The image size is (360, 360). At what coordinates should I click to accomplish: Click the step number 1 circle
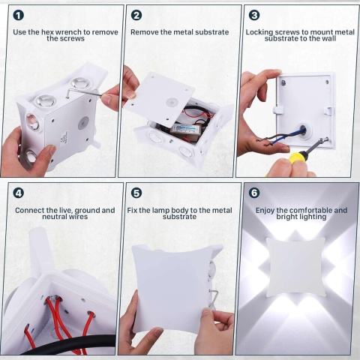point(18,15)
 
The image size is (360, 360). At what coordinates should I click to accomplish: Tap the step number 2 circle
point(136,15)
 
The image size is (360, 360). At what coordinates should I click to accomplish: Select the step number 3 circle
point(253,15)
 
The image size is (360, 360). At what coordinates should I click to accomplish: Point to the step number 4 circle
point(18,193)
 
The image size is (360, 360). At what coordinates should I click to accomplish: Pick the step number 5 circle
point(136,193)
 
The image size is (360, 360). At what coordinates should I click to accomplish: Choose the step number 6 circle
point(253,193)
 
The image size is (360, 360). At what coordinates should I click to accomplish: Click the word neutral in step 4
point(29,217)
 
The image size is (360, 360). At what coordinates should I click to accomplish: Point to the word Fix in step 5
point(133,210)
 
